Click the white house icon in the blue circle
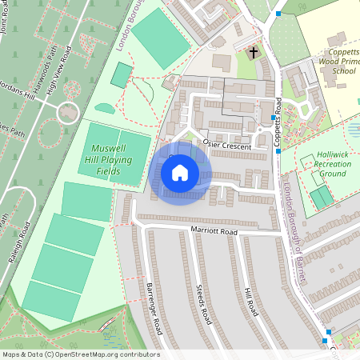(x=180, y=171)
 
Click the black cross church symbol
(x=254, y=54)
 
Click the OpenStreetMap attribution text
(x=80, y=354)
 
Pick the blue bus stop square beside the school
(x=278, y=14)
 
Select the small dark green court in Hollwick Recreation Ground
(x=322, y=197)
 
